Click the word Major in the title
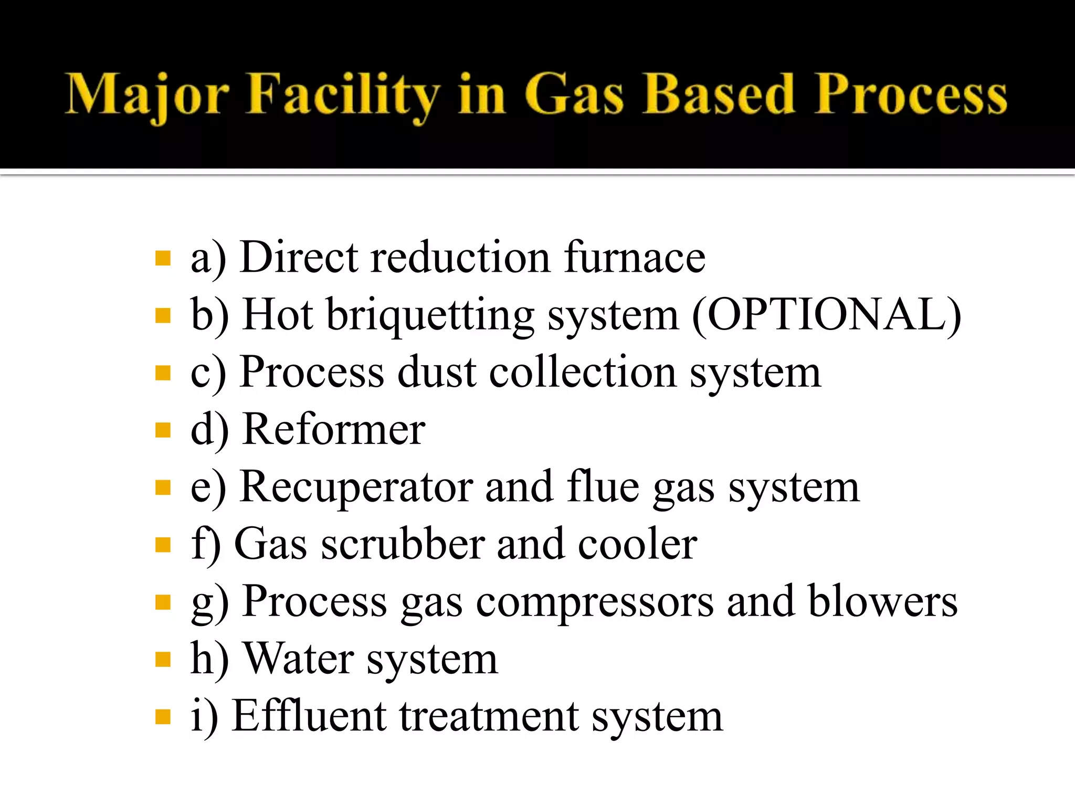click(147, 94)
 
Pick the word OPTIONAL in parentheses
click(827, 315)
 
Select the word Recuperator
click(356, 487)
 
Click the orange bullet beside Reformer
click(163, 430)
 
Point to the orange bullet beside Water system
click(163, 659)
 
